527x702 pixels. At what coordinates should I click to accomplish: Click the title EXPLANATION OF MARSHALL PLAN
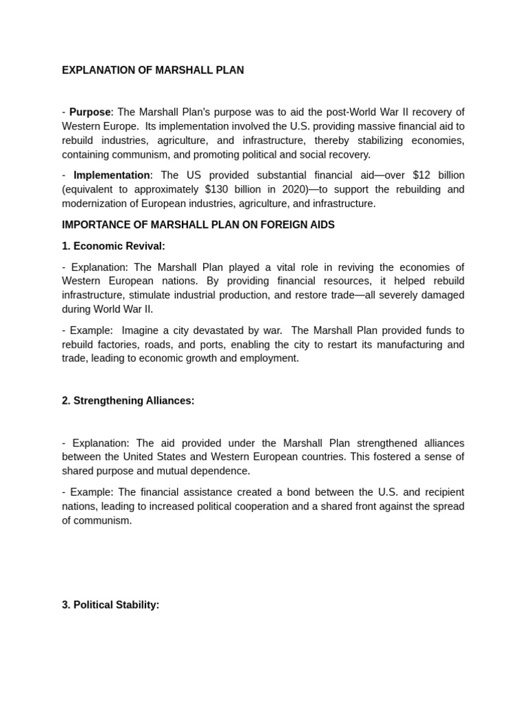(x=152, y=71)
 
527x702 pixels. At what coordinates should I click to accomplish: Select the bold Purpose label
(x=90, y=112)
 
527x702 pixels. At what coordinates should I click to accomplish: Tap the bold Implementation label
(x=112, y=175)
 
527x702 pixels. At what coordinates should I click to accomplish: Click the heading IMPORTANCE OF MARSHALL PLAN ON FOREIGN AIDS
(x=198, y=225)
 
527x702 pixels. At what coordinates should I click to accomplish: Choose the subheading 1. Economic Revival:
(x=113, y=246)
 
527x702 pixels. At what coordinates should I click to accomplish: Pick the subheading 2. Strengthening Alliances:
(x=128, y=401)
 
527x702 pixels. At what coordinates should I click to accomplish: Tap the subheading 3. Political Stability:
(x=110, y=605)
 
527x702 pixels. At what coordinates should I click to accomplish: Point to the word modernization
(x=93, y=204)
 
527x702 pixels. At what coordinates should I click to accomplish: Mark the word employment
(x=268, y=359)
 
